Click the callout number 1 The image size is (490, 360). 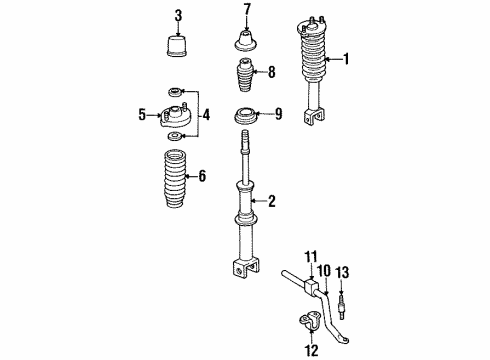(348, 59)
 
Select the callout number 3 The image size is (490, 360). (179, 15)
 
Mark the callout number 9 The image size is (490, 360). (279, 114)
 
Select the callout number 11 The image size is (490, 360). (311, 257)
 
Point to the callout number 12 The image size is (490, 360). (311, 350)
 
